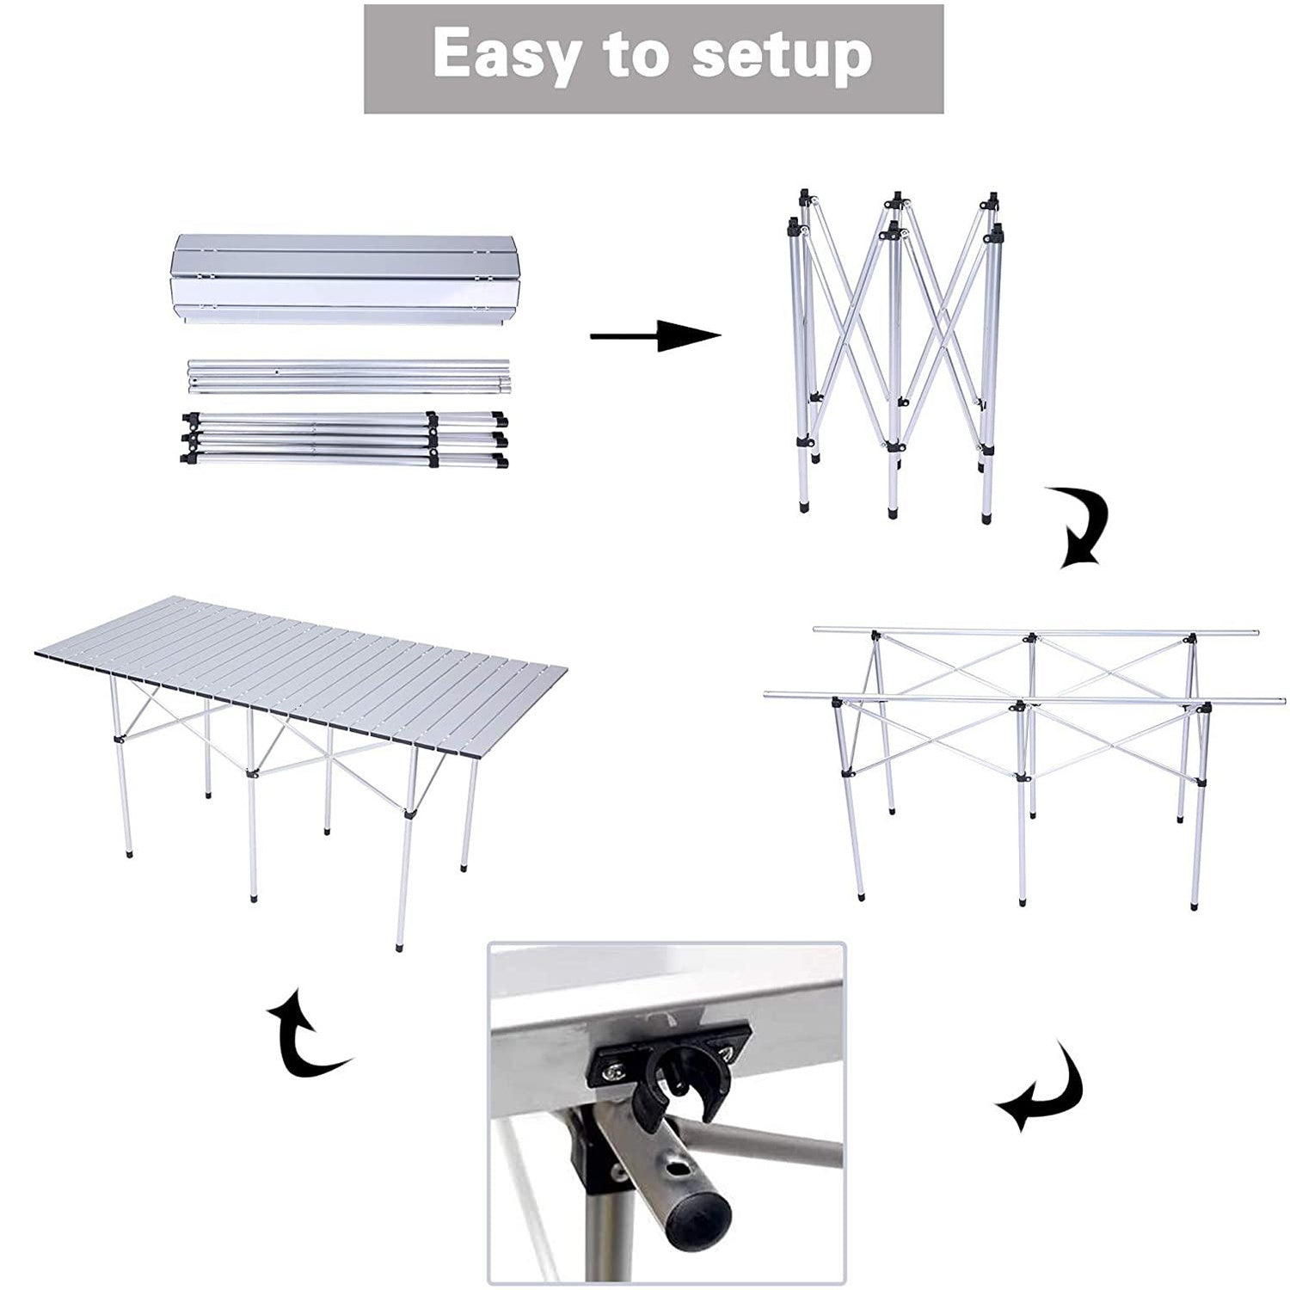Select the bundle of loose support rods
(348, 377)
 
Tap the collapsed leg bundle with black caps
(344, 439)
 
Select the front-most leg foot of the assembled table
(399, 944)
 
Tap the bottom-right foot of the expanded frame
(1194, 905)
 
